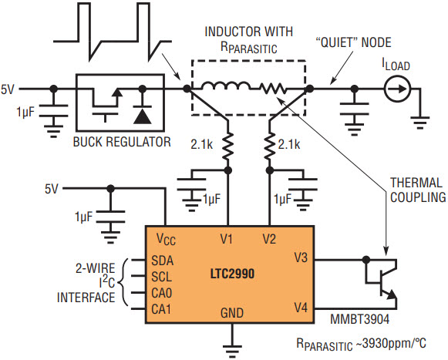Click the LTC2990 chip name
pos(232,274)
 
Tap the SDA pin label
pos(162,261)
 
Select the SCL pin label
pos(162,277)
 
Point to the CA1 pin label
pos(161,309)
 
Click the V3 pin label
pos(301,257)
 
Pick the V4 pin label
pos(301,308)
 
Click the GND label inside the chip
pos(232,313)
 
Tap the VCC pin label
pos(166,240)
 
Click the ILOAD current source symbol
pos(397,89)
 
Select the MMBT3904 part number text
pos(360,319)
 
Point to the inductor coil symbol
pos(225,86)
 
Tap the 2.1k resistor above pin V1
pos(227,146)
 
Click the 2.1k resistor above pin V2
pos(269,146)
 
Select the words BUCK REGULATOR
pos(122,142)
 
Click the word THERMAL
pos(416,183)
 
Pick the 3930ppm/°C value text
pos(391,343)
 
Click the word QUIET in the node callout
pos(337,42)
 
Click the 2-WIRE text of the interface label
pos(95,268)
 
